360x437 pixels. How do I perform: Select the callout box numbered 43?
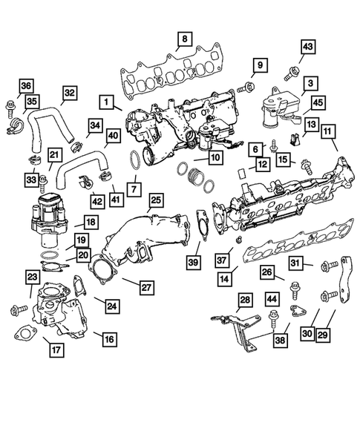tap(307, 47)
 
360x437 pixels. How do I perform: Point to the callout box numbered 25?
tap(155, 200)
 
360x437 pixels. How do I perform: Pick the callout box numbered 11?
tap(327, 131)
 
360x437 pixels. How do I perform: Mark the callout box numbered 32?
tap(69, 93)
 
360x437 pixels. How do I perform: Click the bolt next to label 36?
tap(10, 102)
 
